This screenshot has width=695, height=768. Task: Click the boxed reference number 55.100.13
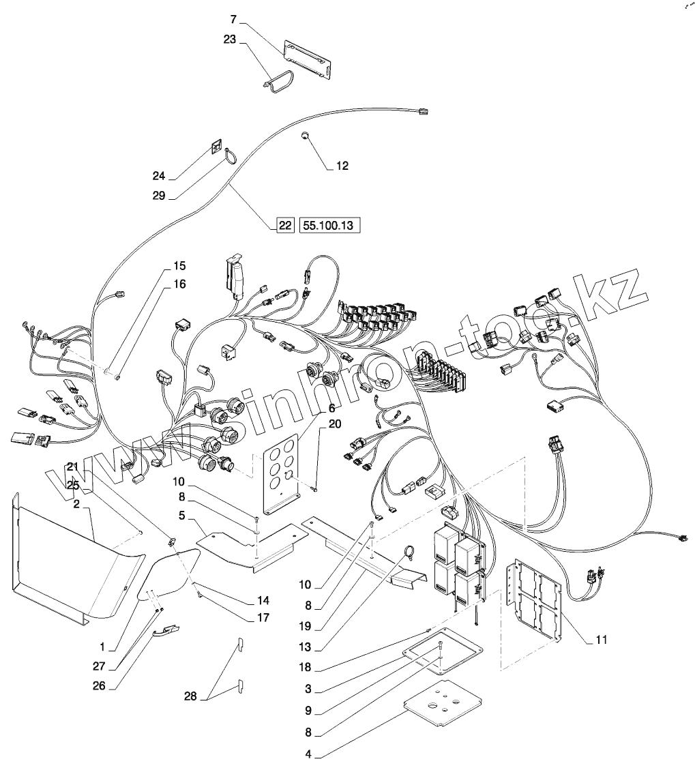click(329, 226)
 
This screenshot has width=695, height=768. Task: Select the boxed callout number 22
click(284, 226)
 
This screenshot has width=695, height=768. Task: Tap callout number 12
click(342, 166)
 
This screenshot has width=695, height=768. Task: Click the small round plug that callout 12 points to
click(305, 135)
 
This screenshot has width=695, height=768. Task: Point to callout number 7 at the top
click(234, 20)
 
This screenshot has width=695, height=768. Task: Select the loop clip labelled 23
click(277, 81)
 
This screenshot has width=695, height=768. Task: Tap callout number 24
click(159, 177)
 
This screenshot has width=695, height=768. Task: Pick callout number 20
click(335, 424)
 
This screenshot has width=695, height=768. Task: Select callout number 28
click(190, 696)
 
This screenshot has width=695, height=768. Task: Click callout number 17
click(263, 618)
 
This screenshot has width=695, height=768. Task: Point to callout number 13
click(305, 647)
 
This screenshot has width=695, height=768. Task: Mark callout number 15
click(179, 266)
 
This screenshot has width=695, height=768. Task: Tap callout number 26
click(99, 686)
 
